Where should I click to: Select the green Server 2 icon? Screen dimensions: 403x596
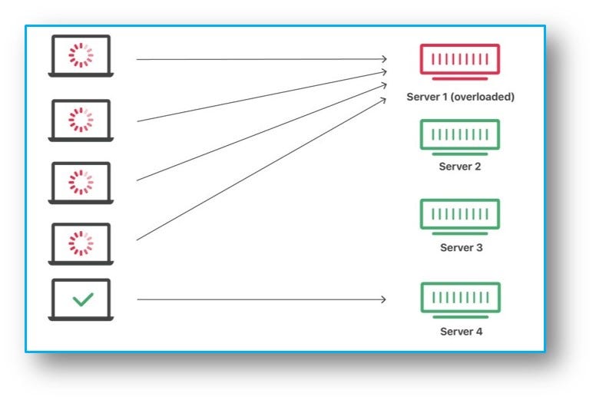(x=460, y=136)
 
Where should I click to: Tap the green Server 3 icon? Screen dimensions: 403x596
(x=460, y=216)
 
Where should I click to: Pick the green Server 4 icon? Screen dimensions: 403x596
(x=460, y=299)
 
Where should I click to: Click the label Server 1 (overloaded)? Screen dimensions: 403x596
(x=460, y=97)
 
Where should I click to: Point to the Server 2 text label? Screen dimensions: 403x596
(x=460, y=167)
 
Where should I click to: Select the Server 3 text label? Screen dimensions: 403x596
(x=460, y=248)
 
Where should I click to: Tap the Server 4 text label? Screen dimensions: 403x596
(x=460, y=332)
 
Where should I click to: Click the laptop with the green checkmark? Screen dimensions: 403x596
(x=81, y=299)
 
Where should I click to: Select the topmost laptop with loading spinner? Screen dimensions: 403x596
(x=81, y=56)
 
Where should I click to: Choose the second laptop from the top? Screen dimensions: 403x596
(x=81, y=120)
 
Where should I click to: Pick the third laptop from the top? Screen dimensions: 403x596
(x=81, y=182)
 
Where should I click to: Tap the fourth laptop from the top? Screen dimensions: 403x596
(x=81, y=243)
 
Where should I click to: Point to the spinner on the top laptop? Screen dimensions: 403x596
(x=81, y=55)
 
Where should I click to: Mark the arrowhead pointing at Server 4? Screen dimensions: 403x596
(x=383, y=299)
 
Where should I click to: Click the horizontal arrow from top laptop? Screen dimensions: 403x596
(x=261, y=58)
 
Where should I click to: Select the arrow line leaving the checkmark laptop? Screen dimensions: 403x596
(x=261, y=299)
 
